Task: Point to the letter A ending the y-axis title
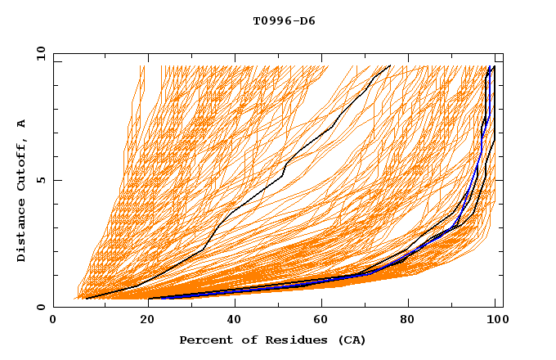click(x=21, y=124)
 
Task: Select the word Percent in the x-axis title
click(x=204, y=340)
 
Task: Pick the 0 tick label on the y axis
click(x=40, y=308)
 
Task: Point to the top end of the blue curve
click(x=489, y=67)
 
